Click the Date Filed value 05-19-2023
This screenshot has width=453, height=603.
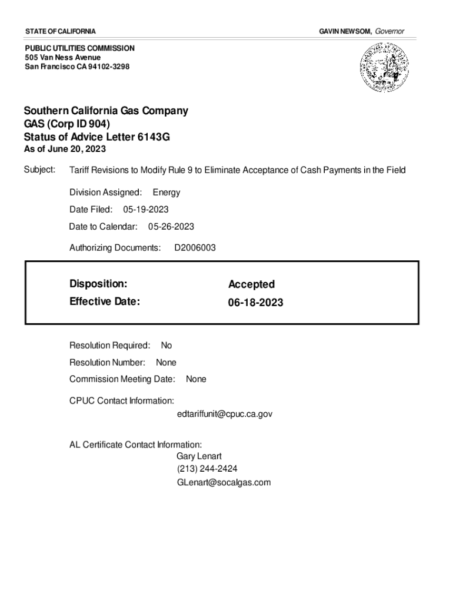(146, 210)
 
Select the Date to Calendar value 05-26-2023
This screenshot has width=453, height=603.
(171, 227)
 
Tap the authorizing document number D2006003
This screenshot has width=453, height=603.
(195, 248)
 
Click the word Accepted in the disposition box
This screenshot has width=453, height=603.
(251, 284)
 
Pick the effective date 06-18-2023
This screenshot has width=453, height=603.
(255, 303)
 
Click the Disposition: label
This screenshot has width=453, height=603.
(98, 284)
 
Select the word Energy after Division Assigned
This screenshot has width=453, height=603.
(166, 193)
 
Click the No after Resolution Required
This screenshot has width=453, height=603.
(166, 346)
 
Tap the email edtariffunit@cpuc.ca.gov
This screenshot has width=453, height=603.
(224, 414)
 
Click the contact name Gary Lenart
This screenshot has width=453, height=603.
(199, 456)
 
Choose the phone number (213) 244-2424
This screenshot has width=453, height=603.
(207, 469)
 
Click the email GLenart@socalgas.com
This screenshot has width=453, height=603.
(224, 482)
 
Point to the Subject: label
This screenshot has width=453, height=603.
(39, 170)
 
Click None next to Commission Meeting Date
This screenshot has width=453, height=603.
(196, 379)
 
